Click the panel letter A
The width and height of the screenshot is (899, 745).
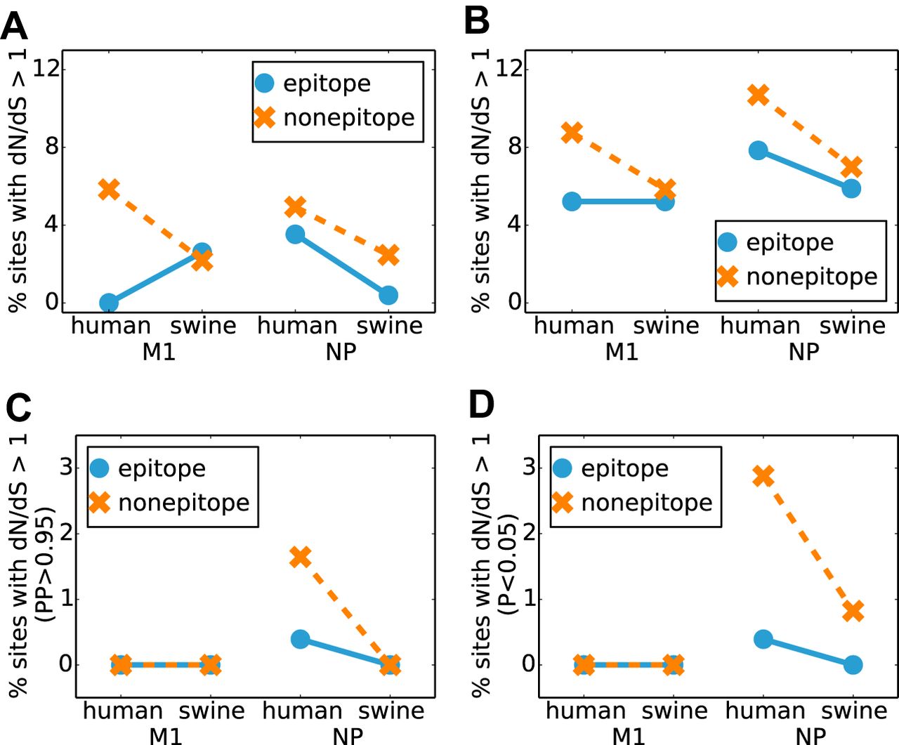pos(14,26)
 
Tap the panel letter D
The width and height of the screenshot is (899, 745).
pos(481,405)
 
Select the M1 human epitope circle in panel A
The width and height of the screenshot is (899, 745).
pos(109,303)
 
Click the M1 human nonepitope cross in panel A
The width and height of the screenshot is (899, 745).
pos(109,189)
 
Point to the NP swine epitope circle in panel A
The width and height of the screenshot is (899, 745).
pos(388,296)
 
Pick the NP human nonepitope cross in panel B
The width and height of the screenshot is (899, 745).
pos(758,95)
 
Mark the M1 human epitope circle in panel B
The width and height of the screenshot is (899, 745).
pos(572,202)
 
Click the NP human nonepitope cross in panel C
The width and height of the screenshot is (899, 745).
pos(300,557)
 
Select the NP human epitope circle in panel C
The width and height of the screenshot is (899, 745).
pos(300,639)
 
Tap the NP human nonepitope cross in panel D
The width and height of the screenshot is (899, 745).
pos(763,477)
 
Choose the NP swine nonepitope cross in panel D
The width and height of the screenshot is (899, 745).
pos(853,611)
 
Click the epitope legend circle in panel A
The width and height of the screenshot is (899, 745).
pos(264,84)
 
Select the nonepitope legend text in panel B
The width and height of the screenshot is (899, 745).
pos(811,277)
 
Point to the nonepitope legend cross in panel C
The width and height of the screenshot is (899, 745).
pos(100,502)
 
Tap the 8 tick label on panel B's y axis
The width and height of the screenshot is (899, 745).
pos(515,147)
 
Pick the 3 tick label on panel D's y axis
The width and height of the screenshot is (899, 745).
pos(529,467)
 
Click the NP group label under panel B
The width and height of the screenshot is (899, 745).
pos(803,352)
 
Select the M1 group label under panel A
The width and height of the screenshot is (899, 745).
pos(159,352)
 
